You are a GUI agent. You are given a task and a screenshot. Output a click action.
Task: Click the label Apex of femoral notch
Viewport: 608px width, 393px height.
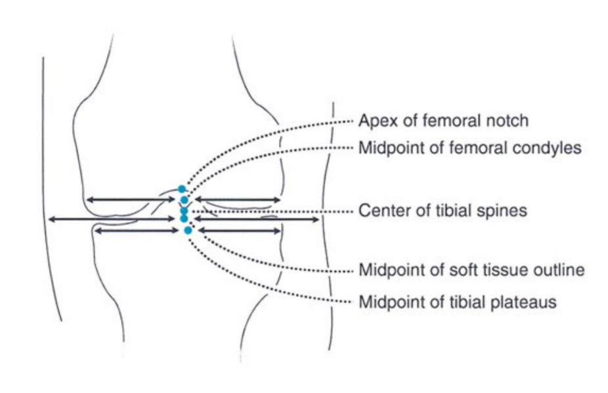(x=443, y=121)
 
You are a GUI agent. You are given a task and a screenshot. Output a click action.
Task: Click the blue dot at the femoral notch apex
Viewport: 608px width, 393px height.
(x=182, y=189)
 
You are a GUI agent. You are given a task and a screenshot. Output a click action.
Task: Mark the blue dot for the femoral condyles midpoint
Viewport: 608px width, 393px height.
(x=185, y=199)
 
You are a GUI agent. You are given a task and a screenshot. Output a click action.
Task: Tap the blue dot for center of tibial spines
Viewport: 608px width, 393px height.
(x=184, y=211)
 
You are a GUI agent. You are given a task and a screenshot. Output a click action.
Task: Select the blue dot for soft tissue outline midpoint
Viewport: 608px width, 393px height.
(x=184, y=218)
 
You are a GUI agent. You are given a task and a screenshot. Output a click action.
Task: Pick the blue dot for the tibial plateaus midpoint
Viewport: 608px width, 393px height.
(x=188, y=230)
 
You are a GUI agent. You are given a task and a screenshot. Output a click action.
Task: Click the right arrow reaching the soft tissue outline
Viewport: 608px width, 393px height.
(x=256, y=219)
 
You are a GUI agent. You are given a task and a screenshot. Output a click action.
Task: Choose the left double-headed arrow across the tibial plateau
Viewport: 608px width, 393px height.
(x=135, y=230)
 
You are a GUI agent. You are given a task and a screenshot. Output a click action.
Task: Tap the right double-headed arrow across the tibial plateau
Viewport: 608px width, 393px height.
(x=239, y=230)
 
